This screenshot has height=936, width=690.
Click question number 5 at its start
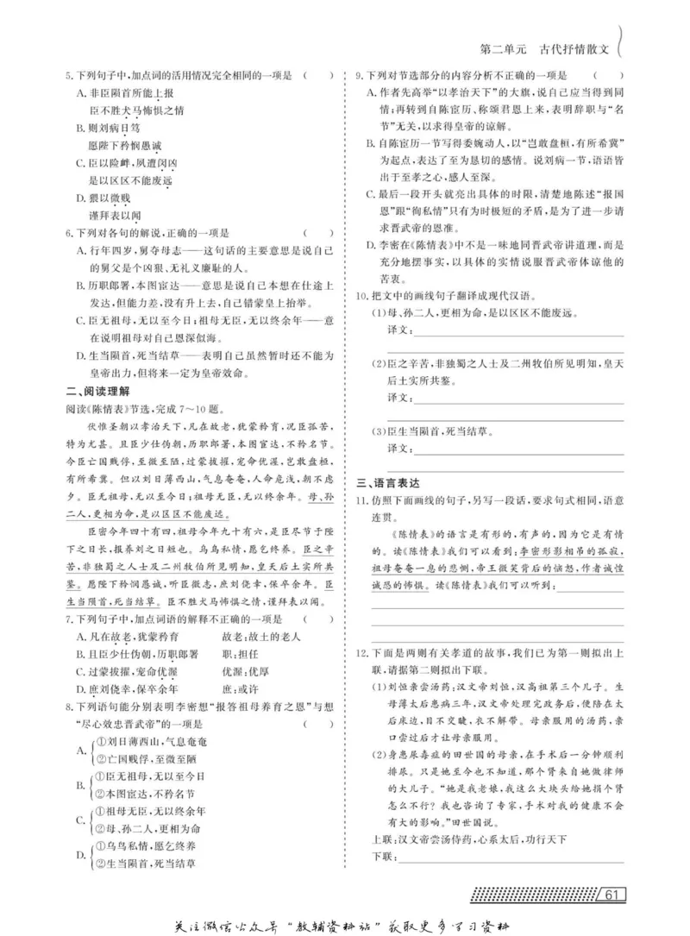[x=69, y=76]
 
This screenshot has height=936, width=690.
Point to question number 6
[x=69, y=233]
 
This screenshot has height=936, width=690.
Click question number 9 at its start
[x=360, y=76]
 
